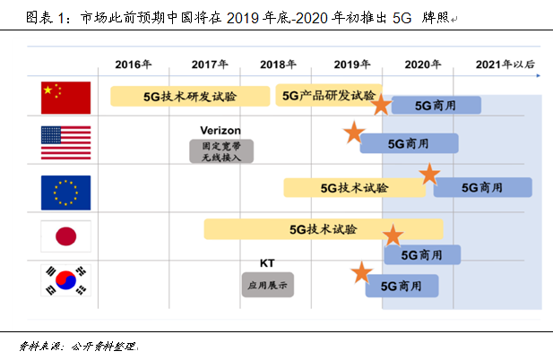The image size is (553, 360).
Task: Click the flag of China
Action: (66, 97)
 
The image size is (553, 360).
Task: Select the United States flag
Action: (66, 142)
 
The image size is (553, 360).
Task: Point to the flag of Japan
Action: (66, 236)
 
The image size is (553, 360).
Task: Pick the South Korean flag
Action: (66, 282)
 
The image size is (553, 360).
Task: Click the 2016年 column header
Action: (134, 64)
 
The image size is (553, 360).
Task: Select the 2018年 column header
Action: (278, 64)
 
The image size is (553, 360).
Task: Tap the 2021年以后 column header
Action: (505, 64)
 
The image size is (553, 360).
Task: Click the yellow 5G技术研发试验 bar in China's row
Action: (190, 96)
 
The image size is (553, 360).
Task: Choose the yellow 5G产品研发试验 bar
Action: (328, 95)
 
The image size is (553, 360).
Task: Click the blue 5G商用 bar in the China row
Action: (436, 105)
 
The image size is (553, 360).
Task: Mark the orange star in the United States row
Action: (353, 134)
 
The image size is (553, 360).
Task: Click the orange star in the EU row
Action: (430, 175)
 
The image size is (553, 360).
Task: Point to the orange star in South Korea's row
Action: (361, 273)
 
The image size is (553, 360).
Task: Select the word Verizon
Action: (221, 130)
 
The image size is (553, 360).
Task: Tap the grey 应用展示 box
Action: (267, 285)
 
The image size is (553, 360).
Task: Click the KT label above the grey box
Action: (267, 263)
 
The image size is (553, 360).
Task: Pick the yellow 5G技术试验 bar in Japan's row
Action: (323, 228)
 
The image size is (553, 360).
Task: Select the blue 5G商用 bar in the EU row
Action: (482, 187)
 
